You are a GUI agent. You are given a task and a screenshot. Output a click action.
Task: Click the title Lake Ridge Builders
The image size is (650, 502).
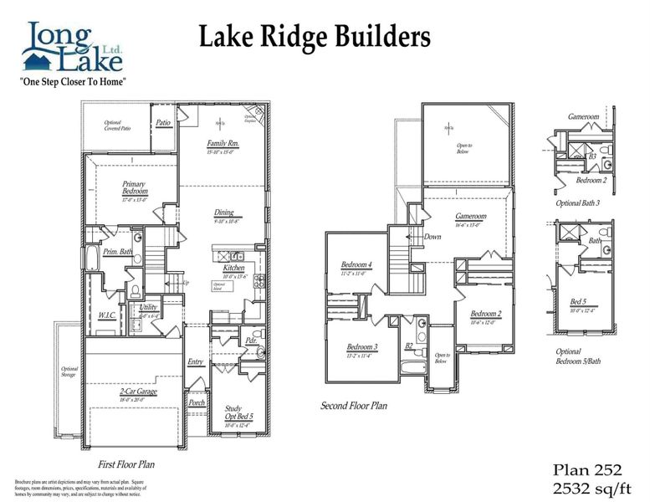point(315,37)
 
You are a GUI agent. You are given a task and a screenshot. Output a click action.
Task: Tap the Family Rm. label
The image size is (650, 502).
point(223,144)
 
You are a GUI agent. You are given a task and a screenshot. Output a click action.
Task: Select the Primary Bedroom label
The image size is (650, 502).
point(135,188)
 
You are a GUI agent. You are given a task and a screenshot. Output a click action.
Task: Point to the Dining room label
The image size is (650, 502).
point(223,213)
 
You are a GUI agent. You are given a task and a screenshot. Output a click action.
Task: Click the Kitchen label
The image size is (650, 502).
point(233,268)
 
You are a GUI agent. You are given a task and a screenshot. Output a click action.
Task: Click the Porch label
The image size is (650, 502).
point(197,402)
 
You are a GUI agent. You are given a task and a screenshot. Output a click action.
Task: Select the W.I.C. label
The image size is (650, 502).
point(106,315)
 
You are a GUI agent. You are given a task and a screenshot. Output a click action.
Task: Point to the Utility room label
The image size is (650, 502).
point(148,307)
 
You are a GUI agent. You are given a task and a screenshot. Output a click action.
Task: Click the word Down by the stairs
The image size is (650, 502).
point(432,237)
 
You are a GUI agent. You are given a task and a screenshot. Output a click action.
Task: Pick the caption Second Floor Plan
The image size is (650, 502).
point(354,406)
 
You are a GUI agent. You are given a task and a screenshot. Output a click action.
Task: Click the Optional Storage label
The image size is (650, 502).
point(69,371)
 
